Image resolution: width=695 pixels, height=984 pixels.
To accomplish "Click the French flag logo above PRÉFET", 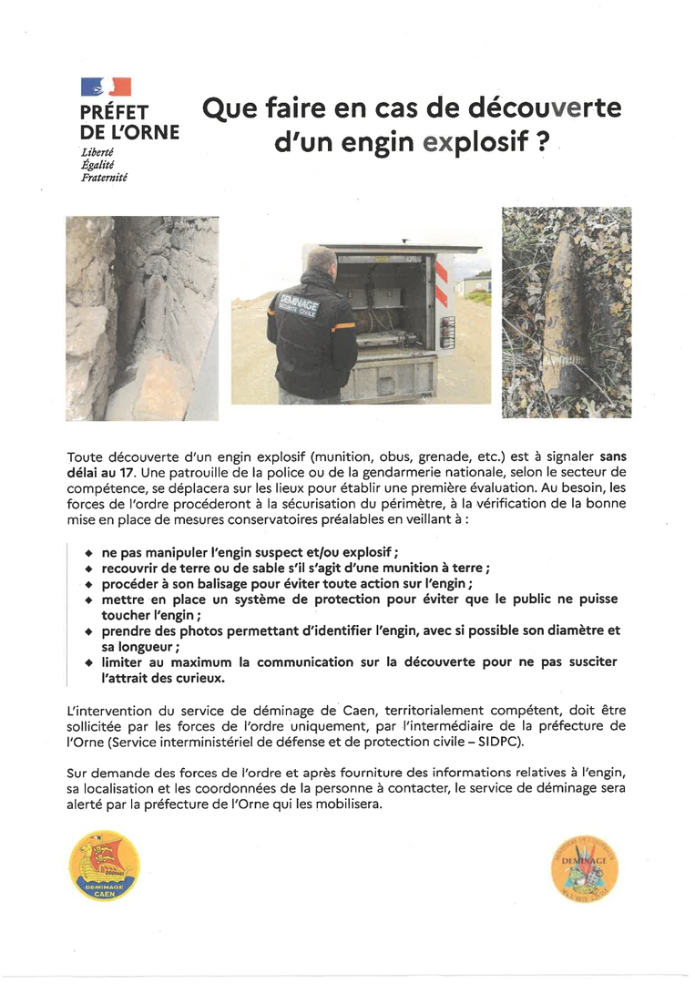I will [x=107, y=87].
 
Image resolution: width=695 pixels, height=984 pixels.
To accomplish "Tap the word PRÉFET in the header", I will [x=115, y=112].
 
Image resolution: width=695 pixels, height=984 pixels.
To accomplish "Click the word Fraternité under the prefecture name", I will [x=104, y=179].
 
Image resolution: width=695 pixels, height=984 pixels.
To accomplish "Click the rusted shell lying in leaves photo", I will [x=566, y=312].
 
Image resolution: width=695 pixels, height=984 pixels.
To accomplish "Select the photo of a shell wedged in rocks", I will [x=142, y=318].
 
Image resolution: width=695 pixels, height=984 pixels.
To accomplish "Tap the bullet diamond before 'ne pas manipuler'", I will [x=88, y=554].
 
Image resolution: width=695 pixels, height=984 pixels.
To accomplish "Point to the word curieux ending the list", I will [x=199, y=678].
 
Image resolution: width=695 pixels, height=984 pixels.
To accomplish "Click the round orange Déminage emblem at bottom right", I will [x=585, y=866].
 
